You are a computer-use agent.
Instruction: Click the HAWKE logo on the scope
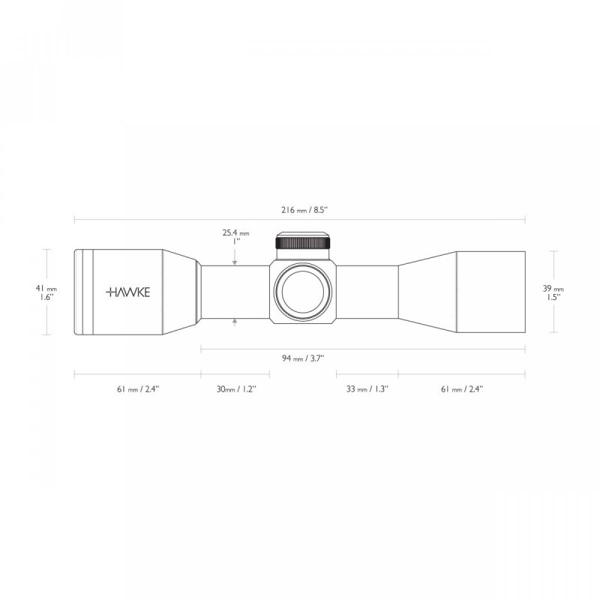click(x=127, y=292)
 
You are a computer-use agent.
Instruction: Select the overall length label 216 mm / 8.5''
click(x=305, y=210)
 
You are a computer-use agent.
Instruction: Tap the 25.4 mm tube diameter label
click(x=235, y=232)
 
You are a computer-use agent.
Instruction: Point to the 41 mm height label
click(x=46, y=289)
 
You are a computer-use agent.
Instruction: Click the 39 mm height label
click(x=553, y=289)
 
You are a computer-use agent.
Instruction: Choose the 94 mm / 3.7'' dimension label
click(x=303, y=358)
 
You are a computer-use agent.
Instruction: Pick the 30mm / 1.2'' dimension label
click(x=236, y=389)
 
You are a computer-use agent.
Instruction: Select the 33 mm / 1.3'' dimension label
click(x=367, y=389)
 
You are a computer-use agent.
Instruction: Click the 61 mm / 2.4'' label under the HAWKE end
click(x=138, y=389)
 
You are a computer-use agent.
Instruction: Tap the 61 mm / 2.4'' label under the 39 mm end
click(x=462, y=389)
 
